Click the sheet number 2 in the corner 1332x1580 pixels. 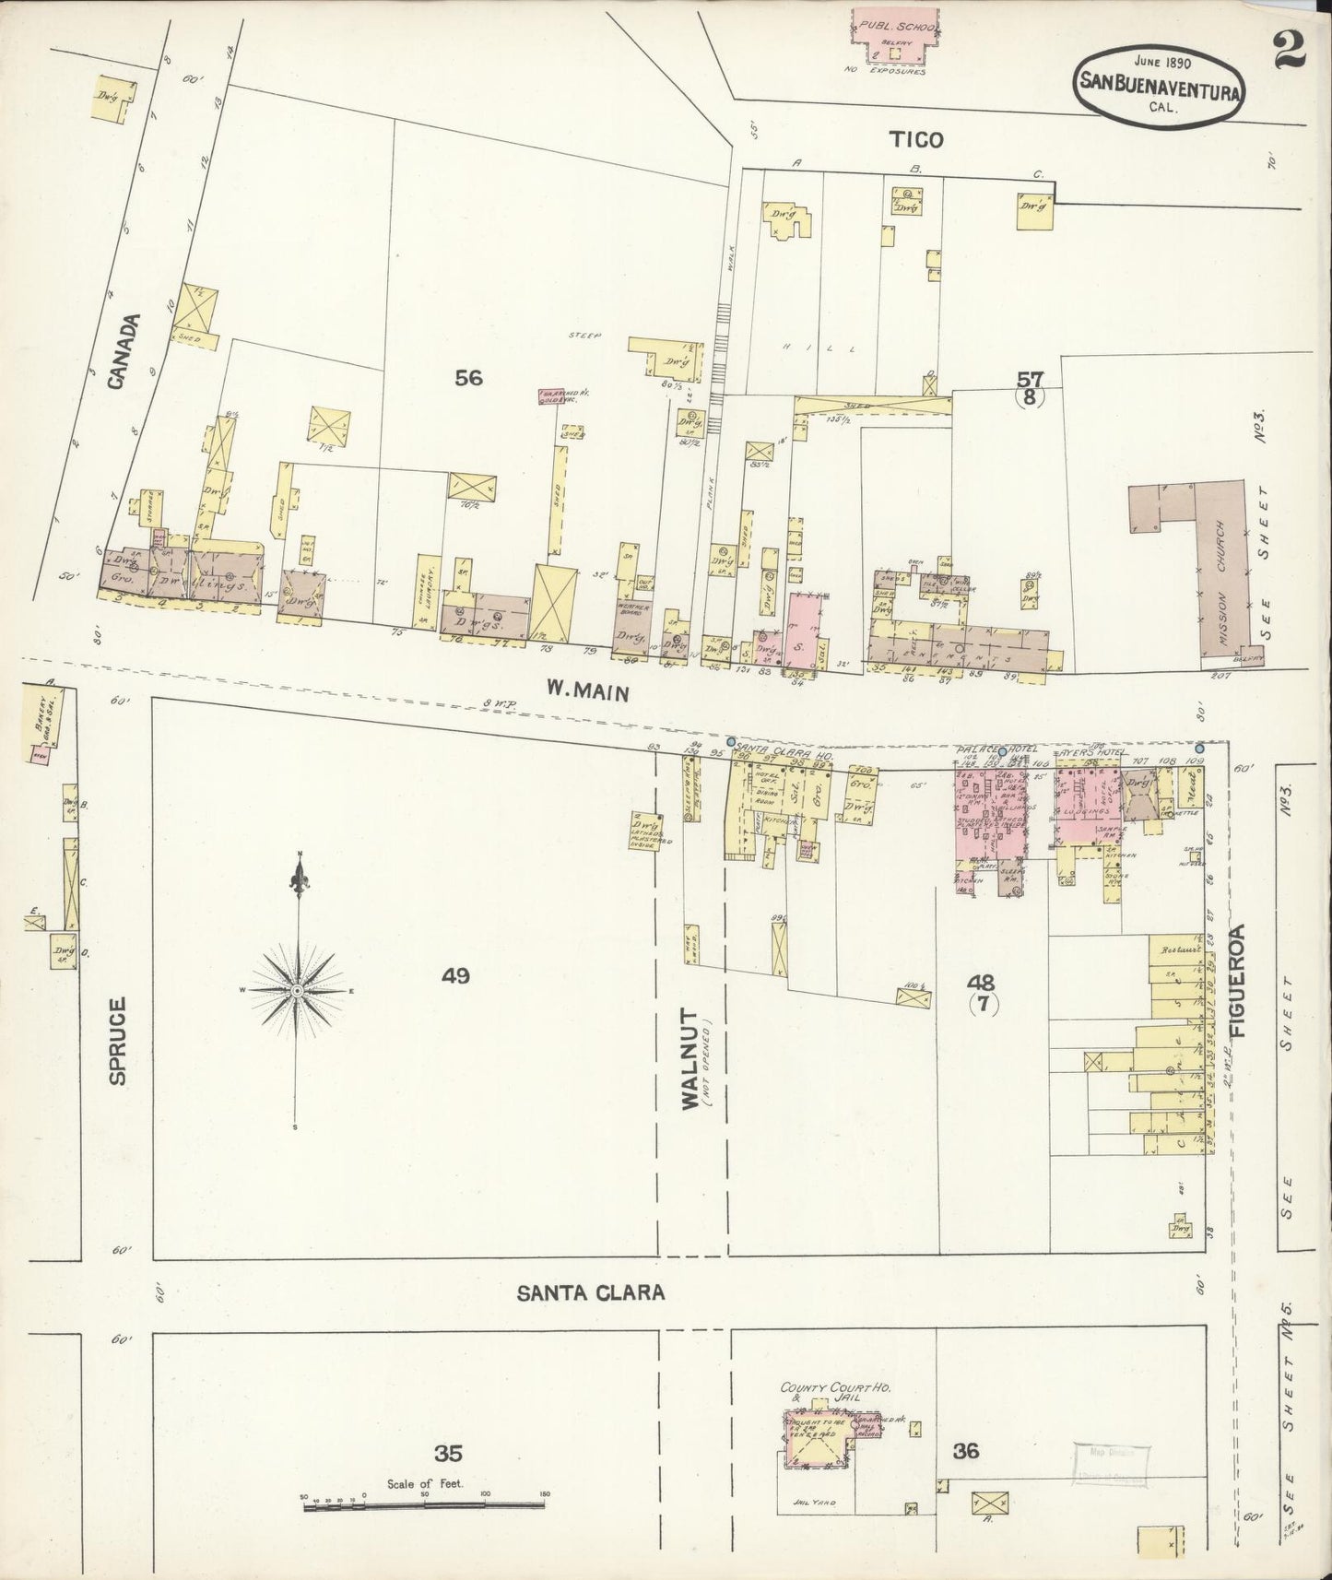1291,51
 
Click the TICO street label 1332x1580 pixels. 916,139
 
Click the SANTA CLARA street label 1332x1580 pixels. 591,1292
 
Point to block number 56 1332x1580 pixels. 468,377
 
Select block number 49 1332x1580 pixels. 455,975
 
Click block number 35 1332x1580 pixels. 449,1454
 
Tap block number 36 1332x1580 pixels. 966,1452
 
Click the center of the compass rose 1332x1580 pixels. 298,991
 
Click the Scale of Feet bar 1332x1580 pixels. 426,1507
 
